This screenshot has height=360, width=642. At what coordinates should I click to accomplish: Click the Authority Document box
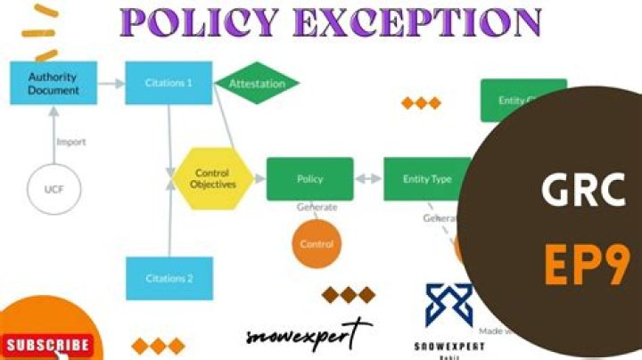tap(53, 83)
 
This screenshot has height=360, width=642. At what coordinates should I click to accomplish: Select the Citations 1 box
tap(169, 83)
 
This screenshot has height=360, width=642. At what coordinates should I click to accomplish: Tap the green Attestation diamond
tap(257, 83)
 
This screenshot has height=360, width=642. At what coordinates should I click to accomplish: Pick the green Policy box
tap(309, 178)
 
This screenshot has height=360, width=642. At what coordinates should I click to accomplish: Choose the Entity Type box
tap(426, 178)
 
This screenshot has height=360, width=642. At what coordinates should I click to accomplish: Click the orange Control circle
tap(317, 243)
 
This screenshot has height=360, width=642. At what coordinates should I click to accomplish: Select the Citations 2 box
tap(169, 278)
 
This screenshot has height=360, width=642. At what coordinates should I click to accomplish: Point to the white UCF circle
tap(54, 188)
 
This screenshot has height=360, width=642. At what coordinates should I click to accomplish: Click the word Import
tap(71, 142)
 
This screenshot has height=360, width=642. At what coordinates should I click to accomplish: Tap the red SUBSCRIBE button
tap(46, 345)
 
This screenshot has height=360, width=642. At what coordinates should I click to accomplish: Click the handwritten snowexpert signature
tap(308, 335)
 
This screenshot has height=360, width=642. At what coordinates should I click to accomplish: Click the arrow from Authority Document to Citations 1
tap(111, 83)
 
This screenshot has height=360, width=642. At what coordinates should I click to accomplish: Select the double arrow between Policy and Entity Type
tap(368, 178)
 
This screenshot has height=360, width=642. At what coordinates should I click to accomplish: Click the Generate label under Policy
tap(317, 207)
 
